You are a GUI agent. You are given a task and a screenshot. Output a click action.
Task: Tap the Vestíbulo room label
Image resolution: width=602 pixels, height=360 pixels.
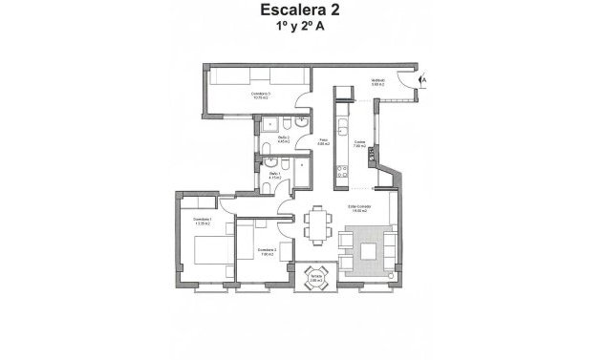click(377, 82)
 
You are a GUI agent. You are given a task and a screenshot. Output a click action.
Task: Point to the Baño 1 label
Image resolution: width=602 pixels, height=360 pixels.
click(274, 176)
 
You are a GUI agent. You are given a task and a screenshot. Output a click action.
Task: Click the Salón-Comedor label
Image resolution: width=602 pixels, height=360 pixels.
click(359, 208)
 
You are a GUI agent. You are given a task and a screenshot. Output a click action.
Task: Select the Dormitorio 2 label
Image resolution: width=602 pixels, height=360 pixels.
click(267, 250)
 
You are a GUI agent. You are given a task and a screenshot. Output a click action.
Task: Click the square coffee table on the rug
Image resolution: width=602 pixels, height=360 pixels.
click(369, 251)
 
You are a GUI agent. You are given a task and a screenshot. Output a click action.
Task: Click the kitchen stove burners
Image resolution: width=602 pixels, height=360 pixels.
click(340, 174)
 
